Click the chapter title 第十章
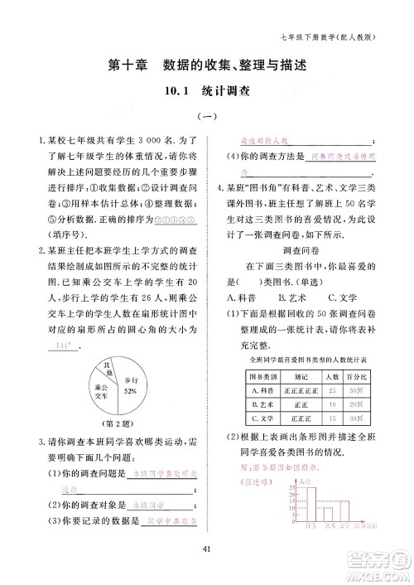coord(131,65)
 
